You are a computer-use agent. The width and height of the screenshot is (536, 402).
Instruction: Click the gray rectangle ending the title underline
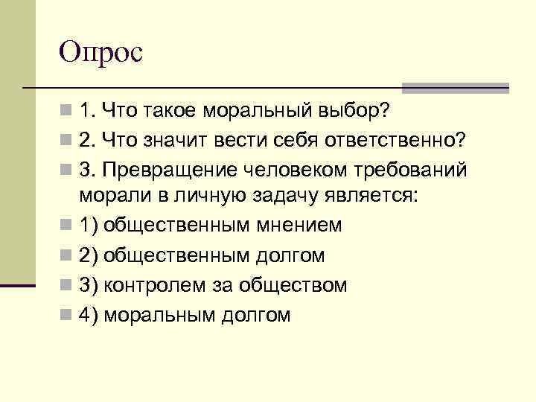455,88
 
